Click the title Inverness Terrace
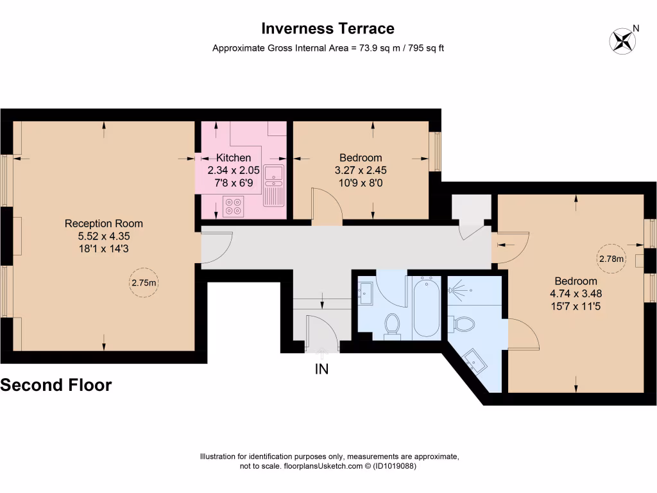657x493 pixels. [328, 29]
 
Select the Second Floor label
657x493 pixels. [56, 385]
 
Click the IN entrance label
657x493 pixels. [321, 369]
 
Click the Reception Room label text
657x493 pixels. [104, 223]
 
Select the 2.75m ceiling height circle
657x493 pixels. [144, 282]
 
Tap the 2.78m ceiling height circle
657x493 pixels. [611, 259]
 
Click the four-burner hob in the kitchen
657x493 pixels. [233, 205]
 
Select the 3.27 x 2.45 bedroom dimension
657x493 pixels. [361, 171]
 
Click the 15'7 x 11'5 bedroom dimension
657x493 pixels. [576, 306]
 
